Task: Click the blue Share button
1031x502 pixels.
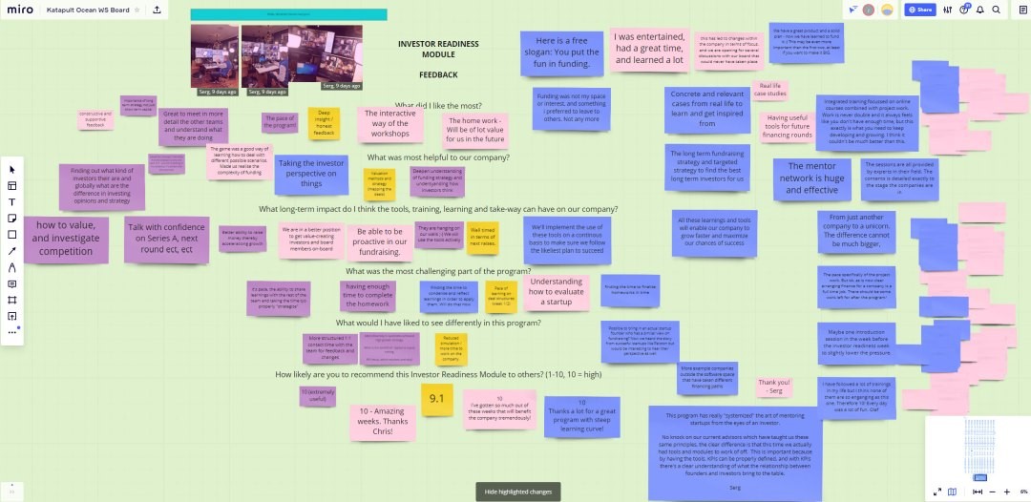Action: click(919, 10)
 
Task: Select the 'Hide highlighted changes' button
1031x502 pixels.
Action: click(518, 491)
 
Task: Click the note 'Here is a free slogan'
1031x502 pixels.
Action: click(560, 53)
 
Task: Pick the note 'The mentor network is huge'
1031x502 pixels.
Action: click(811, 178)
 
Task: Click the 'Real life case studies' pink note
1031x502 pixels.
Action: click(770, 91)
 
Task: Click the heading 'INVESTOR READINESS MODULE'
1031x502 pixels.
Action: click(437, 49)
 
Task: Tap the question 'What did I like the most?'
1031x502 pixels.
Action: click(438, 105)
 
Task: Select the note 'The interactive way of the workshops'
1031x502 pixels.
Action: click(389, 123)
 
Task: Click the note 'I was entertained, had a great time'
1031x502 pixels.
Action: click(648, 49)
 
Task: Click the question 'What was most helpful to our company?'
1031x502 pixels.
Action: click(438, 157)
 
